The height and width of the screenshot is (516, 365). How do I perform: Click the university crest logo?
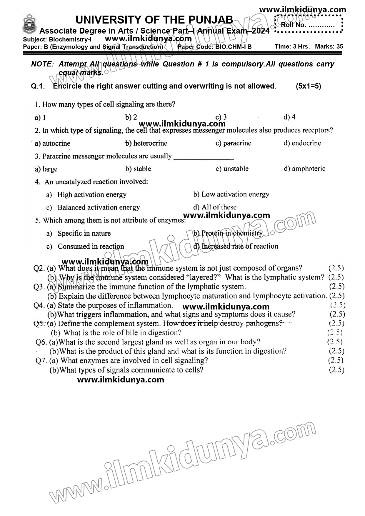(x=30, y=25)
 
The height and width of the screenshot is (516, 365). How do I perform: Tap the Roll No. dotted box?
(x=309, y=24)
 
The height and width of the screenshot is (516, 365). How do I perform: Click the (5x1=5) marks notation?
(x=308, y=86)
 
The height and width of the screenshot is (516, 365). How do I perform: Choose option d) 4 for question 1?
(x=289, y=117)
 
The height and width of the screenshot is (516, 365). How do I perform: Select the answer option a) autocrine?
(x=52, y=143)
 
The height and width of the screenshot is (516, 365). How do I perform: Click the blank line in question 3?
(x=204, y=158)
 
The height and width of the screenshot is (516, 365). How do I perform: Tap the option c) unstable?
(x=232, y=169)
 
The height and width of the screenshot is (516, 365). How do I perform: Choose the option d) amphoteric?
(x=304, y=169)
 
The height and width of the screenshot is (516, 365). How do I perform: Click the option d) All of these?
(x=215, y=207)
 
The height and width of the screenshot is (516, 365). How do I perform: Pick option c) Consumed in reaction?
(x=85, y=246)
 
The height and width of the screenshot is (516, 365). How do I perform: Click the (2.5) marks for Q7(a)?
(x=336, y=360)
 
